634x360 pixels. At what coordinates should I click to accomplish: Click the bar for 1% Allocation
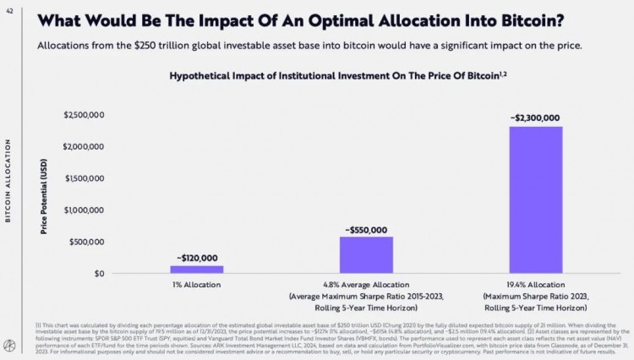(197, 269)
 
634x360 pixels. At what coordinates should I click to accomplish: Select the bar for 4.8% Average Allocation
(366, 254)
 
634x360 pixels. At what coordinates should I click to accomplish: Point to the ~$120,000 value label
(197, 258)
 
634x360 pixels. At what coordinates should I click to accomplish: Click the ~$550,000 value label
(365, 229)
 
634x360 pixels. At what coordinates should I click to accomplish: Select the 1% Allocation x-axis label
(196, 285)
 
